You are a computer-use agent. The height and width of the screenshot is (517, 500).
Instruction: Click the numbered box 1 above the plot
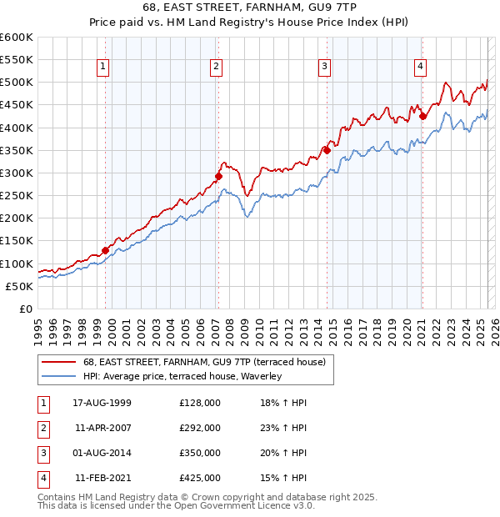102,68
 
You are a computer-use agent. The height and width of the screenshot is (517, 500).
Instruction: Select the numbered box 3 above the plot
324,68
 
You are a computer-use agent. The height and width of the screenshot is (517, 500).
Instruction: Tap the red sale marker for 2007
218,177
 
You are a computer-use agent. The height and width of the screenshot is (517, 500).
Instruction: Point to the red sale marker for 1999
106,250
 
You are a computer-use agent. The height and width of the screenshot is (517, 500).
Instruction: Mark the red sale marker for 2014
327,150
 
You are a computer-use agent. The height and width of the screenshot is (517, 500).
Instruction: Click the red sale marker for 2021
422,116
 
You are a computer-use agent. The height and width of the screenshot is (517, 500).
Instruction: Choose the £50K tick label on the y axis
19,286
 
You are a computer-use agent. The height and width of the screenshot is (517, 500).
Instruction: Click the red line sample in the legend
58,362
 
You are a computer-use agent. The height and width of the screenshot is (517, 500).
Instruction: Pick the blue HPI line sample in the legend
58,376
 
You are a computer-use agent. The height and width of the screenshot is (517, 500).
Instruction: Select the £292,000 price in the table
200,428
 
